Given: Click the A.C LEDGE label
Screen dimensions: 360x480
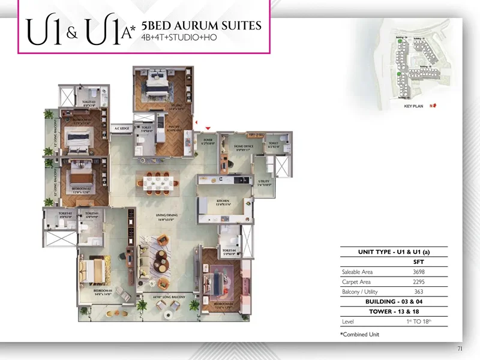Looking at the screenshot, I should click(122, 128).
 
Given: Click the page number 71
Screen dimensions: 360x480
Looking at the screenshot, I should click(460, 348).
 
